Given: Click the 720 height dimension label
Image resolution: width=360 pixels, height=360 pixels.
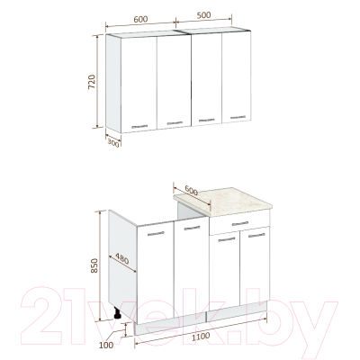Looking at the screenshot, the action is pos(92,82).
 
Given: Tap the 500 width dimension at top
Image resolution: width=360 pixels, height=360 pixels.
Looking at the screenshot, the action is pos(203,15).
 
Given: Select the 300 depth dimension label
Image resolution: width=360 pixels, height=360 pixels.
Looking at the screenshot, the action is pos(113,144).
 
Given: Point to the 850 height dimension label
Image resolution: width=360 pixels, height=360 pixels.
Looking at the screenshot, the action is pos(94,265).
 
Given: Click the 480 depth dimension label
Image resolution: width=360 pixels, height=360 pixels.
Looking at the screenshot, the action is pos(122,259).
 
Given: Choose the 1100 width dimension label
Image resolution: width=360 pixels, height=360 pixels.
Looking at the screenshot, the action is pos(201,337).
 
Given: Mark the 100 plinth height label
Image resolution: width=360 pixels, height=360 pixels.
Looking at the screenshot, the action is pos(106,346).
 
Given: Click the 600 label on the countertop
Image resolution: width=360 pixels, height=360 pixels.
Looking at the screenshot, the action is pos(191,190).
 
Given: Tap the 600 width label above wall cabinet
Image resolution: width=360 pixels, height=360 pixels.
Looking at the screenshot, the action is pos(140,19).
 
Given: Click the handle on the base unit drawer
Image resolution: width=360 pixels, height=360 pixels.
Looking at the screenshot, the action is pos(240,223).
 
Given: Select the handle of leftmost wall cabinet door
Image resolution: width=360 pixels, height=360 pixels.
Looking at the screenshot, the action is pos(139,126).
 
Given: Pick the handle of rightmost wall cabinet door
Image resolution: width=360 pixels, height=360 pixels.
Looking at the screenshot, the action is pos(238,117).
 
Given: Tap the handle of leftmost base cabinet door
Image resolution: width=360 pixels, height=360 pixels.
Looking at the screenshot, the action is pos(157,233).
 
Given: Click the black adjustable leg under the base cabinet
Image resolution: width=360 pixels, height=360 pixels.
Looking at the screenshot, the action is pos(117,313).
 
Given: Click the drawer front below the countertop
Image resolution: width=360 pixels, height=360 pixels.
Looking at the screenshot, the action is pos(239,224).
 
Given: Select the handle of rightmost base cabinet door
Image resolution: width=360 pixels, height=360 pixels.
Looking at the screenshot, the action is pos(256,236).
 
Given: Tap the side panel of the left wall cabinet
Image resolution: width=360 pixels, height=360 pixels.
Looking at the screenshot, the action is pos(113,84).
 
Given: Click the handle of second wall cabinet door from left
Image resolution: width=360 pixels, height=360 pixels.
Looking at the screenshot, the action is pos(175,123).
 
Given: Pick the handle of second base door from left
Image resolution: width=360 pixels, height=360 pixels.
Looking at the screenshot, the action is pos(192,228).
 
